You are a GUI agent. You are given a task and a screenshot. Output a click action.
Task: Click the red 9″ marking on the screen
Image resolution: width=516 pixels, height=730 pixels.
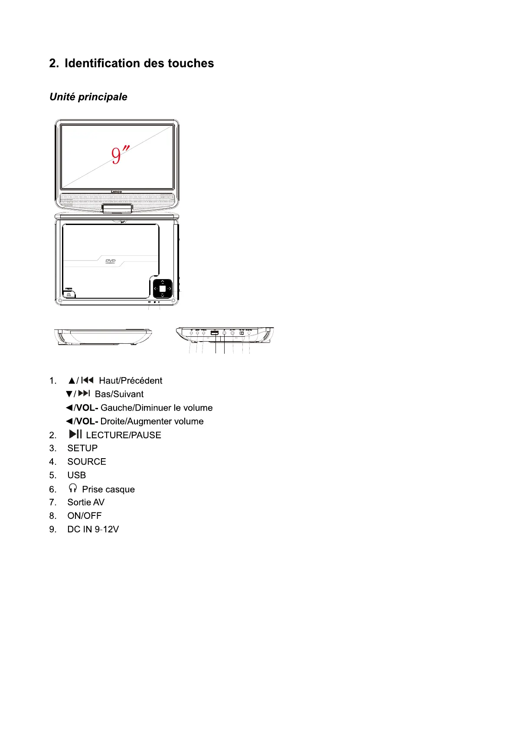point(119,155)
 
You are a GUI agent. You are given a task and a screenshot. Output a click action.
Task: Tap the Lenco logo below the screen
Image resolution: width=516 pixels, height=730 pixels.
point(117,192)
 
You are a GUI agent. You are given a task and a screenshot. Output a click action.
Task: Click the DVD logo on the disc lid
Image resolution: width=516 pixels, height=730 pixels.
point(111,261)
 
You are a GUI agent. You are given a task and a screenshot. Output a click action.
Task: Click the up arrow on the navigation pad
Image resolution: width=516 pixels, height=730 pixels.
point(162,282)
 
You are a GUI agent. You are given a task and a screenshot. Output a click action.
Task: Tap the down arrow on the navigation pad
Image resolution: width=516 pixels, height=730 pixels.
point(162,295)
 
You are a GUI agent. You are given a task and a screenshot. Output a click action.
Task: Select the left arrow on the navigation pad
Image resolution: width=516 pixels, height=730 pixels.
point(155,289)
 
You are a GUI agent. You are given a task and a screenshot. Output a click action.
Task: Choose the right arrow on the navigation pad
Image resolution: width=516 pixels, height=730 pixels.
point(170,289)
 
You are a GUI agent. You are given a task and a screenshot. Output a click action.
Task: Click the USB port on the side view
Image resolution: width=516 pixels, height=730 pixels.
point(214,333)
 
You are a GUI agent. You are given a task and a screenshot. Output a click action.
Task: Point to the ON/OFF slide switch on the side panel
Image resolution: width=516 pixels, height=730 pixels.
point(242,333)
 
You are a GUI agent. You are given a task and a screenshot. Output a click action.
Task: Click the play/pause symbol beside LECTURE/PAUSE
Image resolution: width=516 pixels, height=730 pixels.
point(75,434)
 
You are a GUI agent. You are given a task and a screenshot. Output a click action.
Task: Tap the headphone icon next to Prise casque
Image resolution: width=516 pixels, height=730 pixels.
point(73,489)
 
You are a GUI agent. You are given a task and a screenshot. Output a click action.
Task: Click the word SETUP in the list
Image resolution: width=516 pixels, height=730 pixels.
point(82,448)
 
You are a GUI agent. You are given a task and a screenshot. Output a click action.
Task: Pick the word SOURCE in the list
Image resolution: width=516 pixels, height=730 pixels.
point(87,462)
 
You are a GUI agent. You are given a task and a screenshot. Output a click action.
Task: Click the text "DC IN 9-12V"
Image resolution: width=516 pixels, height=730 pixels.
point(93,529)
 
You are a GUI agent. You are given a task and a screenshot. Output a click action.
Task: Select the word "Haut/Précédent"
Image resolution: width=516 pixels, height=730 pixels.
point(131,381)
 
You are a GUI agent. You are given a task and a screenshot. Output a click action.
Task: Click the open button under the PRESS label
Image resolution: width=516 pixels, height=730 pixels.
point(69,294)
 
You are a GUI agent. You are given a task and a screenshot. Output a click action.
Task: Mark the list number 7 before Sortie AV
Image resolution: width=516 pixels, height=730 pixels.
point(52,502)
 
